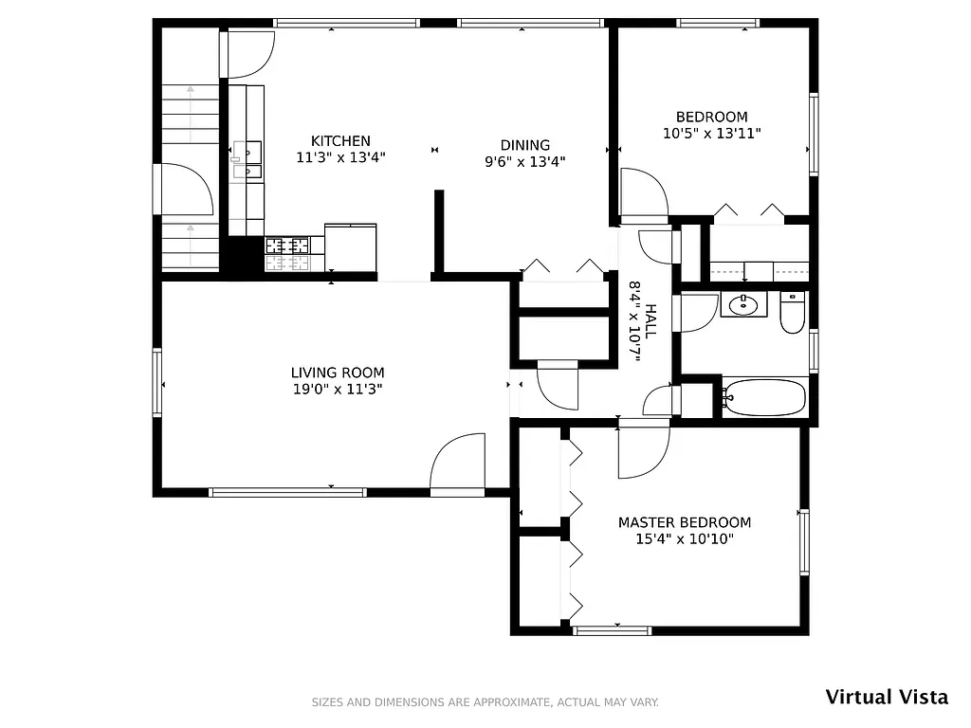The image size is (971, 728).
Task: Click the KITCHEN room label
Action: click(x=340, y=141)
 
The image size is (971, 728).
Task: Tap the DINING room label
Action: click(x=524, y=145)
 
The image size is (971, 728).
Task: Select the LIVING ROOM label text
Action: click(x=337, y=373)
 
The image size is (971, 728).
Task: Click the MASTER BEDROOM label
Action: click(x=684, y=522)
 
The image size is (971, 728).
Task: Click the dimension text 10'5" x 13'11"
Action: click(x=711, y=134)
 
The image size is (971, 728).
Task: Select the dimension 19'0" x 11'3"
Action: click(x=337, y=389)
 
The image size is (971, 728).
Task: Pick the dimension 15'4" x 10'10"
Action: click(x=684, y=539)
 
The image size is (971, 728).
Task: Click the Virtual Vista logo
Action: click(x=886, y=697)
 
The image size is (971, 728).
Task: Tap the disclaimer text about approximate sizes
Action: click(x=485, y=702)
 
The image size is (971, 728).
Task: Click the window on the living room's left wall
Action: click(x=157, y=383)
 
